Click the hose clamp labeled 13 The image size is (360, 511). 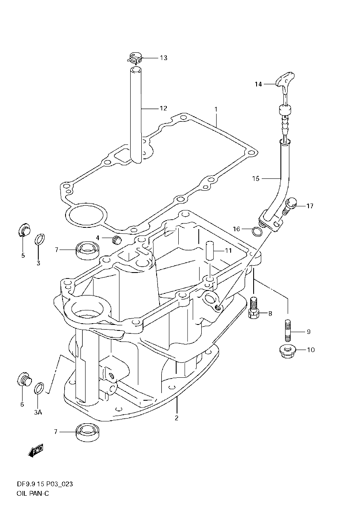[x=135, y=57]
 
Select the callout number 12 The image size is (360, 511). [x=163, y=108]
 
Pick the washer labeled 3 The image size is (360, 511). [x=38, y=240]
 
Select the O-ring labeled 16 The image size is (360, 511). [x=257, y=232]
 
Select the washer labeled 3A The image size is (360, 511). [x=38, y=389]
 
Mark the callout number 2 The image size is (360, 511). [x=177, y=418]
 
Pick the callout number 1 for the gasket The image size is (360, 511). [x=216, y=109]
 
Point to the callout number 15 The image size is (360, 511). [x=255, y=179]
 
